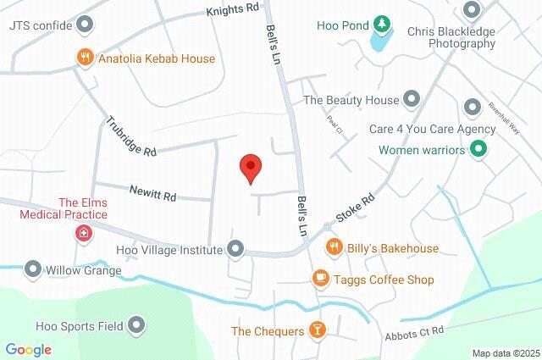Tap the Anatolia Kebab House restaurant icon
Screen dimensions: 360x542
84,58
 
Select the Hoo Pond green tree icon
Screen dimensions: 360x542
383,25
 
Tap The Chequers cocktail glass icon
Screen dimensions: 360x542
317,330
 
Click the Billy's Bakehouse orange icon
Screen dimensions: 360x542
335,247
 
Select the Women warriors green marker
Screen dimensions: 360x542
478,151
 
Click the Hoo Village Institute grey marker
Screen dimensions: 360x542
236,249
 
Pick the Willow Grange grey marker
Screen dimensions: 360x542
33,270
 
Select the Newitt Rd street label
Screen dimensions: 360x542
153,191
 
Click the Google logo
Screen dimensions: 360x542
28,349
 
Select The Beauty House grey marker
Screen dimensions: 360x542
411,99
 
